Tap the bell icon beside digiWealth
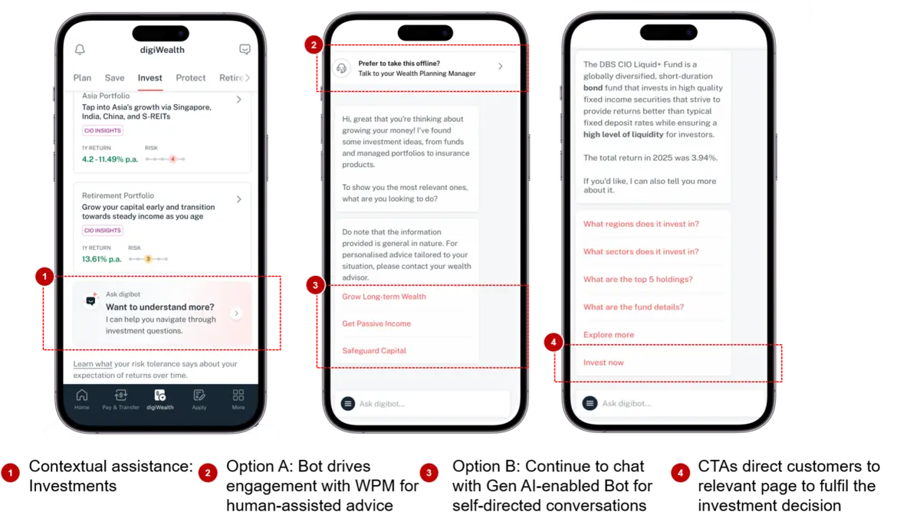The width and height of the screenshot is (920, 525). tap(80, 50)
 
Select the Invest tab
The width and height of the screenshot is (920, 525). tap(150, 77)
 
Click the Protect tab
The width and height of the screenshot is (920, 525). tap(191, 77)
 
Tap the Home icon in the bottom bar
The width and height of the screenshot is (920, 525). tap(82, 395)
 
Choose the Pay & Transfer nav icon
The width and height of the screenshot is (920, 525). tap(121, 395)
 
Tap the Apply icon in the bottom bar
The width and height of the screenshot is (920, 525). tap(199, 395)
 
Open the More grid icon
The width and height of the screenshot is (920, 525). tap(238, 395)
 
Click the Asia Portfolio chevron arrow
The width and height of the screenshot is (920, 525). tap(239, 100)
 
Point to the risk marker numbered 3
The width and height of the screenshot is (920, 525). tap(148, 259)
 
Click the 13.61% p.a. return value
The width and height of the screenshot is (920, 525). tap(102, 259)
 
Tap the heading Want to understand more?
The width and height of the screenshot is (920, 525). tap(160, 307)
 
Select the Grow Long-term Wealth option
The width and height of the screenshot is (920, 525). tap(384, 297)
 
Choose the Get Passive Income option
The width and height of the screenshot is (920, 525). tap(376, 323)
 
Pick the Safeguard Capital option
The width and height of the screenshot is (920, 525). tap(374, 350)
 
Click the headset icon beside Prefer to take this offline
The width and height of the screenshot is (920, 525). tap(342, 68)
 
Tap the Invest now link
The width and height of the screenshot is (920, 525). tap(604, 363)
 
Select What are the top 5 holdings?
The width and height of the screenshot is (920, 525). tap(638, 279)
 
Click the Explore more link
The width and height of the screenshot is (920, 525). tap(609, 334)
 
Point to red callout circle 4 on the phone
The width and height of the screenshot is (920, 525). tap(554, 342)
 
